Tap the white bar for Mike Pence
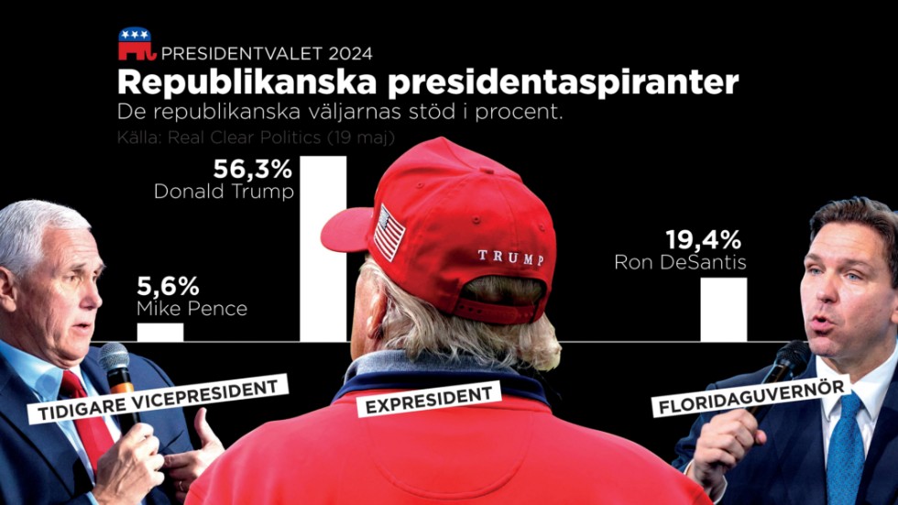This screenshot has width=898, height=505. [159, 332]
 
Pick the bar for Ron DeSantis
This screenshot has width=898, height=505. [724, 309]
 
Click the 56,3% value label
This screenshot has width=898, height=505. [253, 170]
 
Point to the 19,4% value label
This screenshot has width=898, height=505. [703, 241]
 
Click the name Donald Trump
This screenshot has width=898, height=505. [224, 192]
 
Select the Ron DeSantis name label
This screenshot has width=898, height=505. [681, 263]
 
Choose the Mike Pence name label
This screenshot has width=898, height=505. [192, 309]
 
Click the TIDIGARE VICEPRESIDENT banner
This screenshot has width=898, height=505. [158, 400]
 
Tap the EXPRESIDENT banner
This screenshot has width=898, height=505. [430, 401]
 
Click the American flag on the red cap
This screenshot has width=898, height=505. [389, 232]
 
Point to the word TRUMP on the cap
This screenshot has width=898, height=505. [510, 256]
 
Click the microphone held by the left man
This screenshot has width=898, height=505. [116, 367]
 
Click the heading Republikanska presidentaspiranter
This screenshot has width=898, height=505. [428, 82]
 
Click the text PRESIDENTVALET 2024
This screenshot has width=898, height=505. [267, 54]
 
